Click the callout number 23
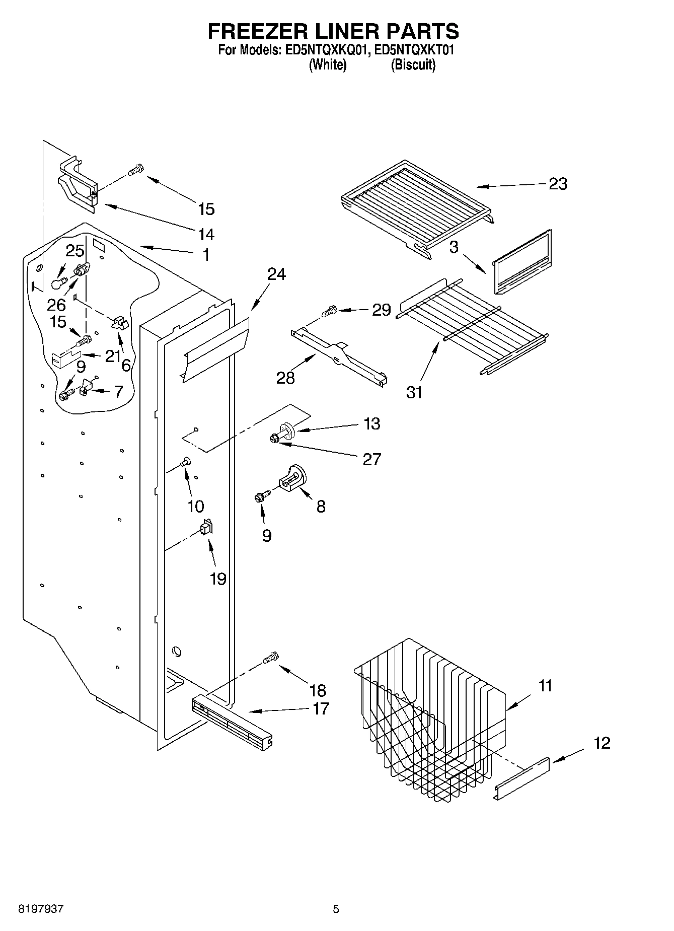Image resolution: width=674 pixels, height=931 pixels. click(x=557, y=184)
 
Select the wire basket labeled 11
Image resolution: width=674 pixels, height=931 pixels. click(x=428, y=720)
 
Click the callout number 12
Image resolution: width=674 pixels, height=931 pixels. click(x=602, y=743)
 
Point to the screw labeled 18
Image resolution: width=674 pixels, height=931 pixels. click(x=271, y=658)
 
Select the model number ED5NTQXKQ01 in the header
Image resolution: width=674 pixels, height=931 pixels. click(x=320, y=50)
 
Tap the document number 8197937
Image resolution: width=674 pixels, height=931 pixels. click(x=41, y=909)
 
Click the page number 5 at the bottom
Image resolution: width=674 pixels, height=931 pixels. click(x=336, y=909)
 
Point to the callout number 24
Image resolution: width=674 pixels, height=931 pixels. click(x=276, y=274)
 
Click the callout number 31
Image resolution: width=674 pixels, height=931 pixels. click(x=414, y=392)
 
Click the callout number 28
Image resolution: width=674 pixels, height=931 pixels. click(x=285, y=378)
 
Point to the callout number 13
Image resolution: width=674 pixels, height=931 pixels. click(x=371, y=423)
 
